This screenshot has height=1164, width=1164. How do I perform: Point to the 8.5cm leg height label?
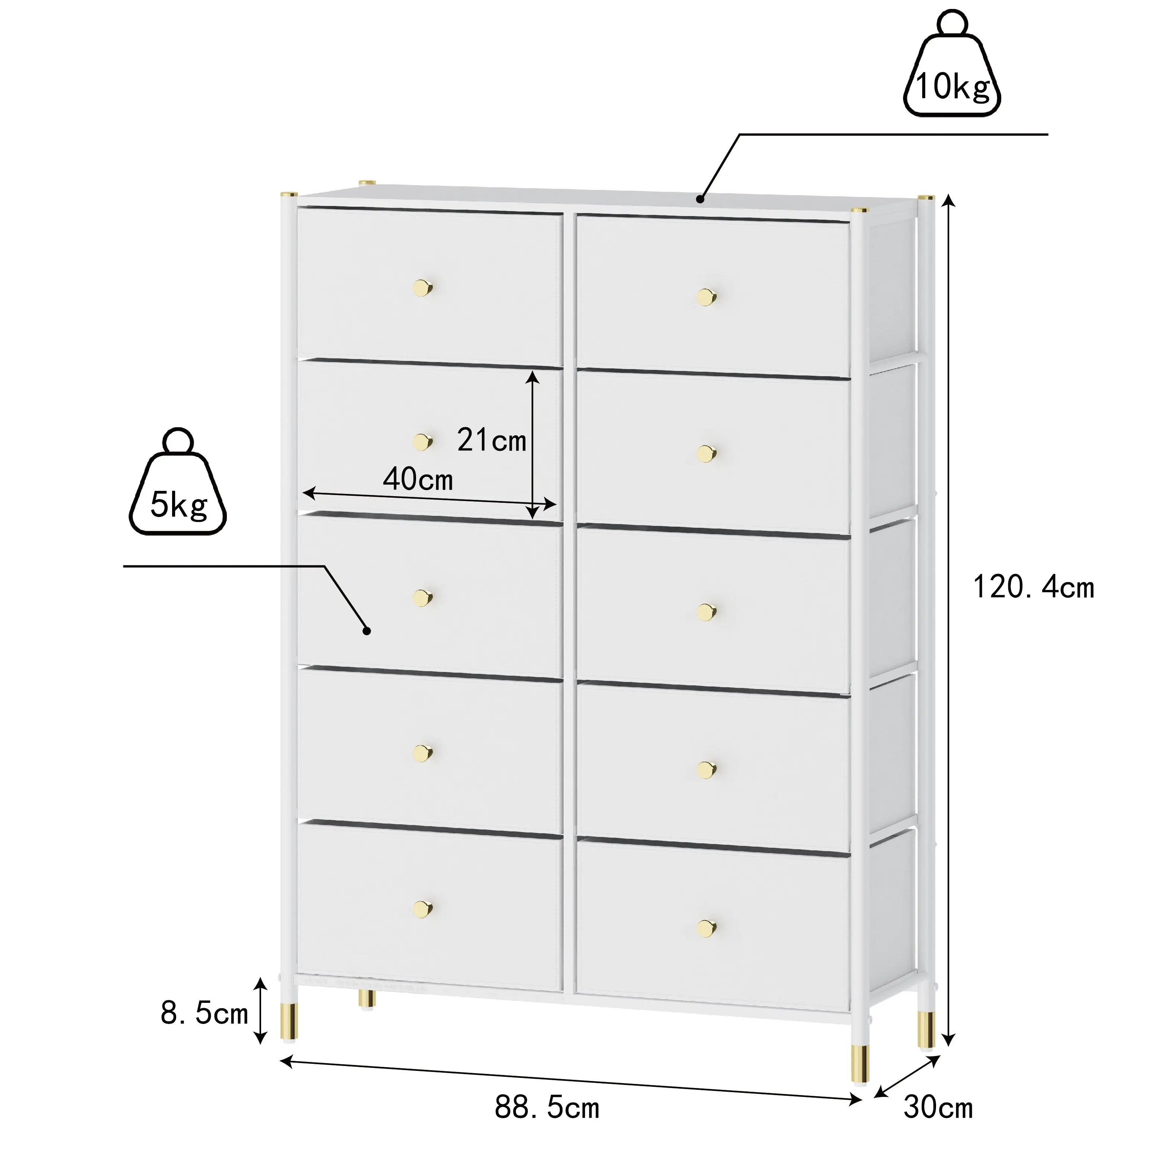click(x=204, y=1014)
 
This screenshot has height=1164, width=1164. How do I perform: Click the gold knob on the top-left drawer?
click(x=423, y=288)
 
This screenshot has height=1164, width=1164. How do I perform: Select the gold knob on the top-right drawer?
click(x=706, y=297)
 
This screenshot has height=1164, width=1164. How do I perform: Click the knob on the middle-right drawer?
click(x=706, y=612)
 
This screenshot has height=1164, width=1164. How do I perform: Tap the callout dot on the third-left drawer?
click(x=366, y=631)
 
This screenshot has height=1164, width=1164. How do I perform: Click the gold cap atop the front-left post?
click(x=289, y=194)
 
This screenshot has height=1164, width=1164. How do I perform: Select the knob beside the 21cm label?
click(x=423, y=442)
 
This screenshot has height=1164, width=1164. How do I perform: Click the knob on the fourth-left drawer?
click(x=423, y=753)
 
